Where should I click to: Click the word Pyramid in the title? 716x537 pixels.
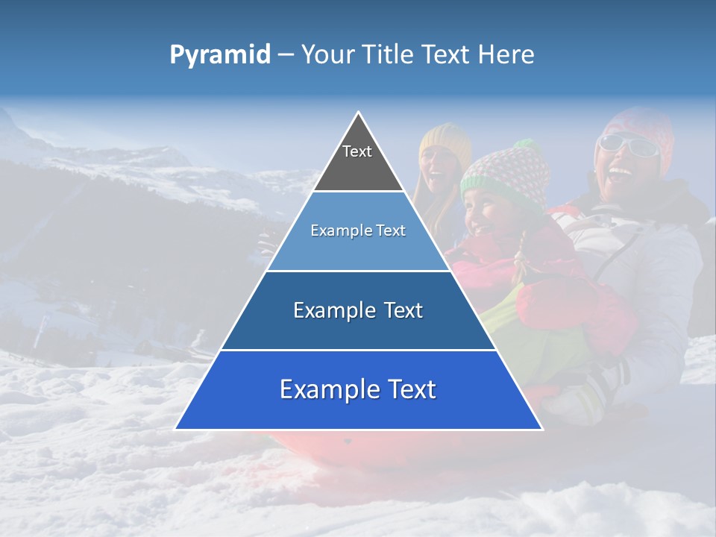(219, 55)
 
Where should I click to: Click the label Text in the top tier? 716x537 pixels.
(357, 151)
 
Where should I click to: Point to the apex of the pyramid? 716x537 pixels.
(359, 113)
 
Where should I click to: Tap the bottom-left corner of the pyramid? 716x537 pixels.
(177, 429)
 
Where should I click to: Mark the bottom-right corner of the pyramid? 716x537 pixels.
(541, 429)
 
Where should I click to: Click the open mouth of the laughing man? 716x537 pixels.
(618, 176)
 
